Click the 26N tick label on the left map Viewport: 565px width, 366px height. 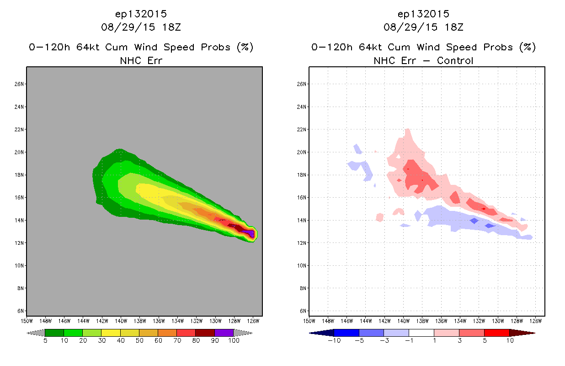coord(19,84)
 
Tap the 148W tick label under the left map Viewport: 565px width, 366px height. coord(45,321)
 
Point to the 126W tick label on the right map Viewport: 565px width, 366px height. coord(535,321)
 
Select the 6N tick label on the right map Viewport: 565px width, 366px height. coord(303,311)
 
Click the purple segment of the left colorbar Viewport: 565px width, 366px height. coord(224,333)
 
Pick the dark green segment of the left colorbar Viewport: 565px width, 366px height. coord(54,333)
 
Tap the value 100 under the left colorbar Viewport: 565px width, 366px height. coord(234,340)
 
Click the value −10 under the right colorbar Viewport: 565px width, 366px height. coord(334,340)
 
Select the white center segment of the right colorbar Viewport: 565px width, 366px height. coord(421,333)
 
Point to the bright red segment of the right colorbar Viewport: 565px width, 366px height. coord(497,333)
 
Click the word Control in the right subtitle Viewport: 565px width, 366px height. coord(455,60)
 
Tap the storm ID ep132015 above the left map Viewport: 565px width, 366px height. coord(141,14)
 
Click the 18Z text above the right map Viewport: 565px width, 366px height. coord(454,27)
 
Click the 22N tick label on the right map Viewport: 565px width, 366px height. coord(301,129)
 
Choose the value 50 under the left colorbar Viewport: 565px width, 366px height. coord(139,340)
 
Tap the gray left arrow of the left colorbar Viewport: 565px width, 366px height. coord(36,333)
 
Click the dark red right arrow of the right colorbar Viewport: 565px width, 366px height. coord(522,333)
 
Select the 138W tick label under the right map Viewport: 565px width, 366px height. coord(422,321)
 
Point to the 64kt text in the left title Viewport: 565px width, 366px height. coord(88,47)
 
